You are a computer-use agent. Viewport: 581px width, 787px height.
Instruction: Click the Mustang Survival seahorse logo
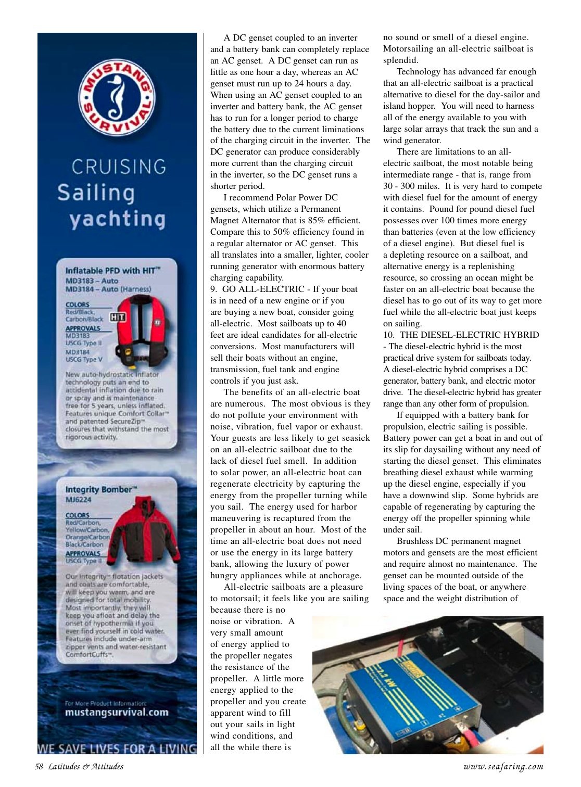pos(117,97)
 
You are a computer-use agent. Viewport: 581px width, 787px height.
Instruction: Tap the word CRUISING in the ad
pos(119,167)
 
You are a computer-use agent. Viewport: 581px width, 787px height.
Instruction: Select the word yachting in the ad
pos(118,219)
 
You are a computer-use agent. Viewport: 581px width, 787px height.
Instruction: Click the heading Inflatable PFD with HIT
pos(112,270)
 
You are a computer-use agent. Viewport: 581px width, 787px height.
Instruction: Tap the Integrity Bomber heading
pos(100,489)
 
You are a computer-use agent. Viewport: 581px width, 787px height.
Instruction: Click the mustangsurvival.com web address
pos(117,713)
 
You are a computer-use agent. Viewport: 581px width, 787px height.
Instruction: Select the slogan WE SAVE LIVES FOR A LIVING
pos(117,748)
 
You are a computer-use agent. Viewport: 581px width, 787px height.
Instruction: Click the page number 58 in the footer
pos(39,766)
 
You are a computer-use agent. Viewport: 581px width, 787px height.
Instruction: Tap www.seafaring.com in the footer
pos(503,766)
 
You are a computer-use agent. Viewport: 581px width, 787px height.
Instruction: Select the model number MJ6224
pos(78,500)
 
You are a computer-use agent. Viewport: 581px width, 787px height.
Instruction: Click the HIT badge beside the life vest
pos(118,317)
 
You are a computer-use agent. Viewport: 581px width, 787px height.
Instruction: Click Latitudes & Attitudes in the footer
pos(86,766)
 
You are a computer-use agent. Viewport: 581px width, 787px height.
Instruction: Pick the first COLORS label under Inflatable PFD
pos(78,304)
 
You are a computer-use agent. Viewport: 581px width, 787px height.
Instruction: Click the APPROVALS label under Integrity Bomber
pos(83,553)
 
